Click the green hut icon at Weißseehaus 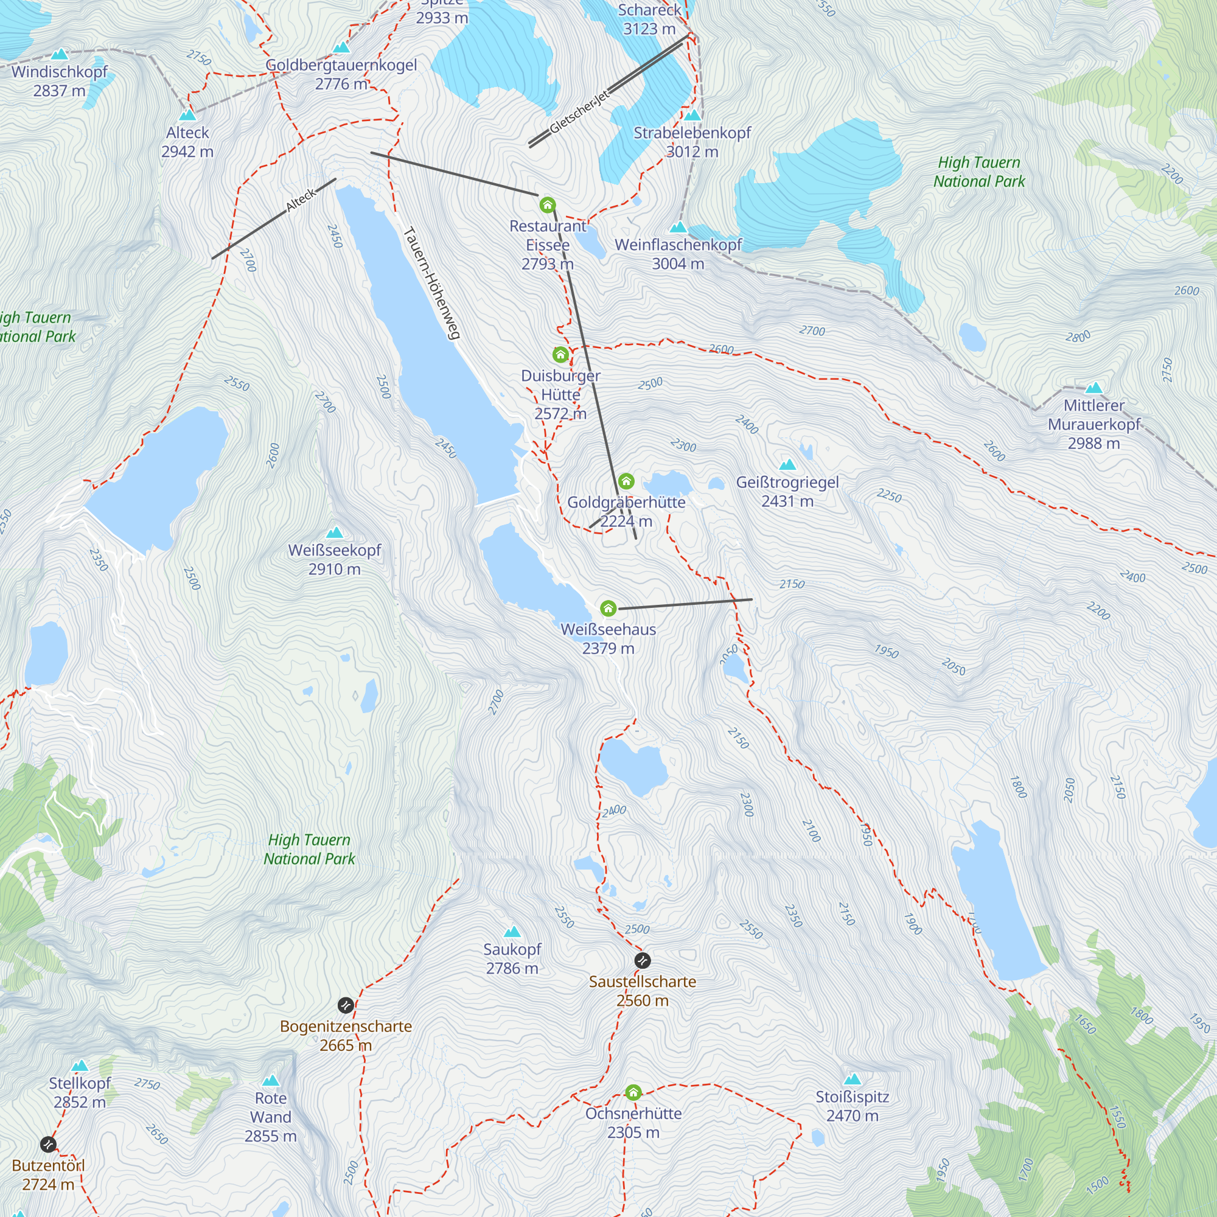608,608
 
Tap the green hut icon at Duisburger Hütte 560,355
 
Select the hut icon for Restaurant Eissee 548,204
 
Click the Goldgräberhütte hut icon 626,481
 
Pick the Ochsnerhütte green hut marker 633,1092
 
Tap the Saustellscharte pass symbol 642,961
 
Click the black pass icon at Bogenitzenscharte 345,1005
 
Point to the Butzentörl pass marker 48,1144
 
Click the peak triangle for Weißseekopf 335,532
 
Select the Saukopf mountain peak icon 512,931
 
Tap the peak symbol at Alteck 187,115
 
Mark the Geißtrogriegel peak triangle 787,465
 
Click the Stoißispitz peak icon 852,1079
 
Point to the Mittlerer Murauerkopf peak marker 1093,388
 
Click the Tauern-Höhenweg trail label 432,283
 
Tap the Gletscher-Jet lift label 579,111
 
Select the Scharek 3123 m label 649,19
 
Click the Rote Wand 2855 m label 270,1116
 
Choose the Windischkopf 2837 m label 59,81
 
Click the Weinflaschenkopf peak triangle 678,227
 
